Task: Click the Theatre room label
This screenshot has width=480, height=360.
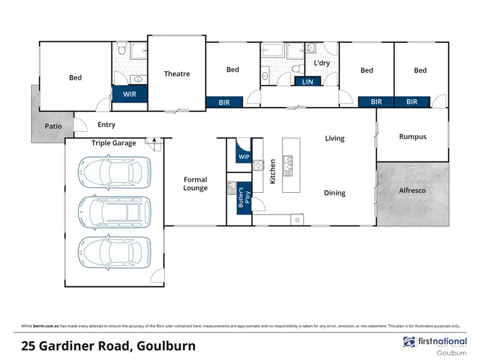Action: click(177, 74)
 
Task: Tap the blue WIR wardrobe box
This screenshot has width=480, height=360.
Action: click(130, 94)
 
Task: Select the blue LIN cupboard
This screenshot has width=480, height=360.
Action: click(307, 81)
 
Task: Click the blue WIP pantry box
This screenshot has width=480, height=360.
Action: click(244, 156)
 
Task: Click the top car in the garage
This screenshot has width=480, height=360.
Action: click(111, 172)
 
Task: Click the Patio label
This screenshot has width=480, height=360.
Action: click(53, 126)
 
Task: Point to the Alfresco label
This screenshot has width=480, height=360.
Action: click(412, 190)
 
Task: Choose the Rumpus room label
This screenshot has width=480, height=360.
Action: click(412, 136)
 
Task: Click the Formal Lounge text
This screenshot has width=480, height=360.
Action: click(195, 184)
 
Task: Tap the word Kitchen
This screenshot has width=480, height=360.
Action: click(272, 172)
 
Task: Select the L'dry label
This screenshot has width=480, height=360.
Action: click(321, 63)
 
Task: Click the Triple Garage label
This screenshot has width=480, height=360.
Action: click(113, 143)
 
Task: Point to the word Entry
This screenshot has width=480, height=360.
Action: click(106, 125)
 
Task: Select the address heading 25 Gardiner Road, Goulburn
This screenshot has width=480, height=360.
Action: click(108, 347)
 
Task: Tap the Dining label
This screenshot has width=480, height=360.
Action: click(334, 193)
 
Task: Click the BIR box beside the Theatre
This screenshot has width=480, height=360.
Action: click(225, 101)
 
